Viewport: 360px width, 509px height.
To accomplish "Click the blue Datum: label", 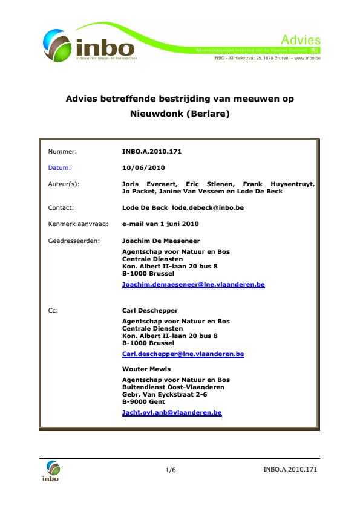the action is (x=59, y=167).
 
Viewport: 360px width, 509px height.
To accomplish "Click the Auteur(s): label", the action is (x=64, y=183).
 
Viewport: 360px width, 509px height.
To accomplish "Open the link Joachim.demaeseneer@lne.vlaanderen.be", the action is (x=194, y=284).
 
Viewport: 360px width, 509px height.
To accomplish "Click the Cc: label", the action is (x=53, y=311).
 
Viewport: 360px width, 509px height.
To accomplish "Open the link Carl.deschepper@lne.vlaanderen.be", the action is (x=183, y=354).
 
